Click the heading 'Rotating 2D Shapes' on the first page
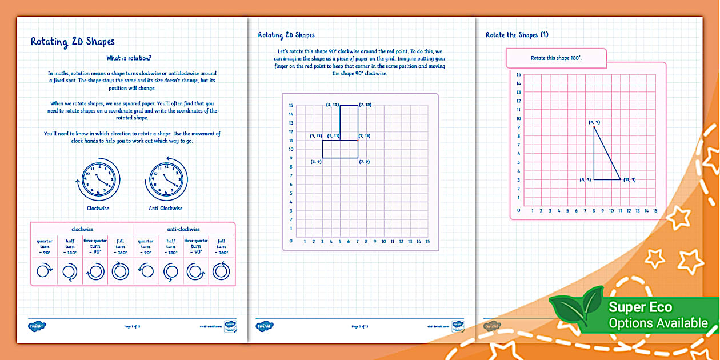click(73, 42)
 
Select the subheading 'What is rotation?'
click(129, 58)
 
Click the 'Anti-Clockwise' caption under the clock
click(166, 209)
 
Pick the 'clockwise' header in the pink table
click(82, 229)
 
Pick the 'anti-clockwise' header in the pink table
click(184, 229)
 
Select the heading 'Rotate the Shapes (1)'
click(517, 35)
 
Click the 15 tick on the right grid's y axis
click(519, 75)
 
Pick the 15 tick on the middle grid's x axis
click(427, 242)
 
